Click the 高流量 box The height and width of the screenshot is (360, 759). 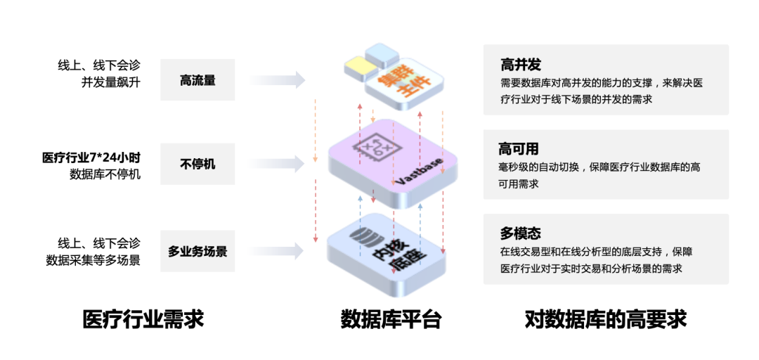point(197,80)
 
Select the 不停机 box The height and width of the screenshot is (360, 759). point(197,164)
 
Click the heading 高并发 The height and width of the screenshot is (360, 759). point(521,65)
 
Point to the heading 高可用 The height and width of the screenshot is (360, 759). point(519,149)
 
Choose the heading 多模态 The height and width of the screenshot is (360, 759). point(521,233)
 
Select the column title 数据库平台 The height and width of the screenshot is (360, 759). point(391,319)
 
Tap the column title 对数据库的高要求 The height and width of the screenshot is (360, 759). point(605,319)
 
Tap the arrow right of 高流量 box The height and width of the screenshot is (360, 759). point(288,80)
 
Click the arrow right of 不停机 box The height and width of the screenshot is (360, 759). point(288,164)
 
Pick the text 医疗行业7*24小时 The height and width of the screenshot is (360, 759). point(92,157)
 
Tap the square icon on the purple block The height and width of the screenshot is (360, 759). point(375,148)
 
